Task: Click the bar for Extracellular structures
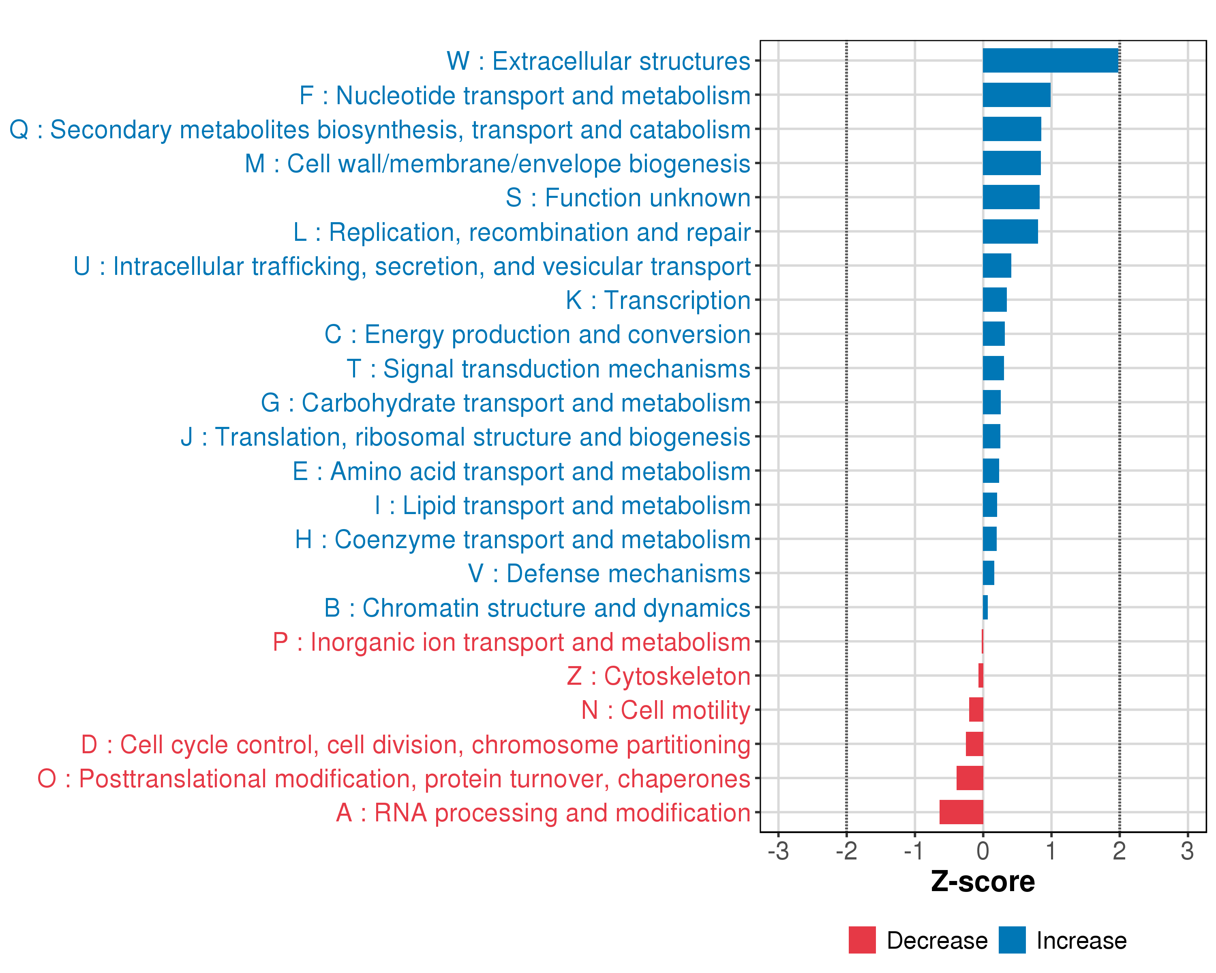pyautogui.click(x=1050, y=60)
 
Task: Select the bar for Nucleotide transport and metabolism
pyautogui.click(x=1016, y=95)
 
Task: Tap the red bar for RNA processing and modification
pyautogui.click(x=961, y=812)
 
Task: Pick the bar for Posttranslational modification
pyautogui.click(x=970, y=778)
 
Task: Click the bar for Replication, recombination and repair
pyautogui.click(x=1010, y=231)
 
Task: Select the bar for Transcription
pyautogui.click(x=994, y=300)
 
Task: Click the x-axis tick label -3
pyautogui.click(x=778, y=851)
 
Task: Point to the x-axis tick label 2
pyautogui.click(x=1119, y=851)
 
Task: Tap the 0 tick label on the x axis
pyautogui.click(x=983, y=851)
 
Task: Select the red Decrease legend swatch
pyautogui.click(x=862, y=940)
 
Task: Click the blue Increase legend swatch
pyautogui.click(x=1012, y=940)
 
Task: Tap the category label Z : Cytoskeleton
pyautogui.click(x=658, y=676)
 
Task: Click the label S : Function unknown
pyautogui.click(x=628, y=197)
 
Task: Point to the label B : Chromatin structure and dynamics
pyautogui.click(x=537, y=607)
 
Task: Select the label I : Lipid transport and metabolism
pyautogui.click(x=562, y=505)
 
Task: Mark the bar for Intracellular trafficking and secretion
pyautogui.click(x=997, y=266)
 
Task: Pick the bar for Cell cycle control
pyautogui.click(x=974, y=744)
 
